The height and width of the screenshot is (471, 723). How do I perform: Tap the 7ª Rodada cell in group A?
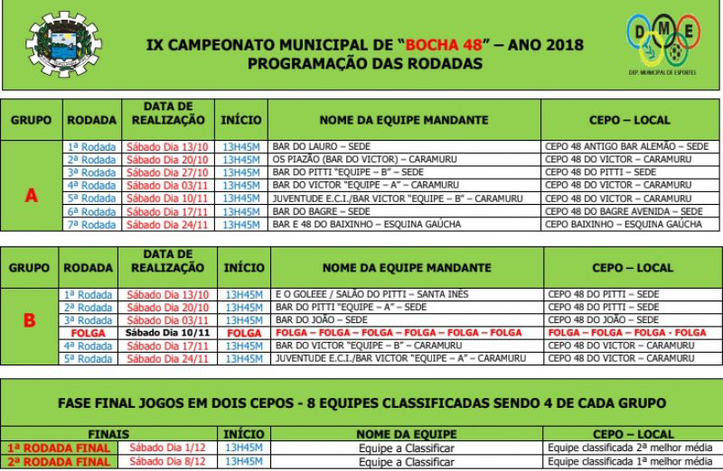[x=91, y=223]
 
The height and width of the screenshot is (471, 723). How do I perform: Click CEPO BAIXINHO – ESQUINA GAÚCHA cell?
[x=624, y=223]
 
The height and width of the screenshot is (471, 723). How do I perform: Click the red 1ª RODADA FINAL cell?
[x=58, y=447]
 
